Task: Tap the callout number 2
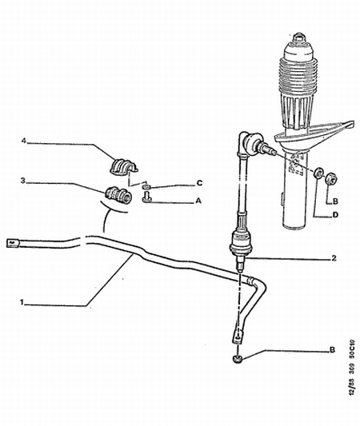[333, 258]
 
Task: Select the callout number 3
[25, 181]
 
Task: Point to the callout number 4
[25, 141]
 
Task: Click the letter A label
[198, 202]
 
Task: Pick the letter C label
[198, 183]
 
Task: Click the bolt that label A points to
[146, 196]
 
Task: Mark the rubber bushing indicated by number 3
[118, 194]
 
